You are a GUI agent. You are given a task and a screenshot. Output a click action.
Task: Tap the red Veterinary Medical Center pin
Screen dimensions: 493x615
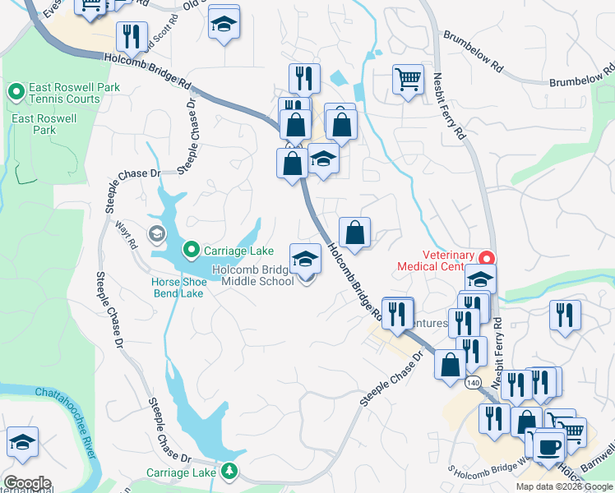coord(486,258)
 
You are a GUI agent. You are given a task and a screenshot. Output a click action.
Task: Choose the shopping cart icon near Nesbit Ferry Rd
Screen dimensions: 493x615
coord(408,79)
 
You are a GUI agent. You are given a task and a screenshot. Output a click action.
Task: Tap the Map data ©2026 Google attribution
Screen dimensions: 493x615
coord(565,486)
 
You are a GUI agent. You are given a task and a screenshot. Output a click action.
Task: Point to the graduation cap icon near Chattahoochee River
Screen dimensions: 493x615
coord(22,441)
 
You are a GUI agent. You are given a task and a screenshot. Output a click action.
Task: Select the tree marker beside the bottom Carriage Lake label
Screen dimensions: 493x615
coord(229,472)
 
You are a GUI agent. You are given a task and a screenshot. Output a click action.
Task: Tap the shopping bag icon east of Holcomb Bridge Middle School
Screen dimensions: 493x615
coord(354,233)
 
